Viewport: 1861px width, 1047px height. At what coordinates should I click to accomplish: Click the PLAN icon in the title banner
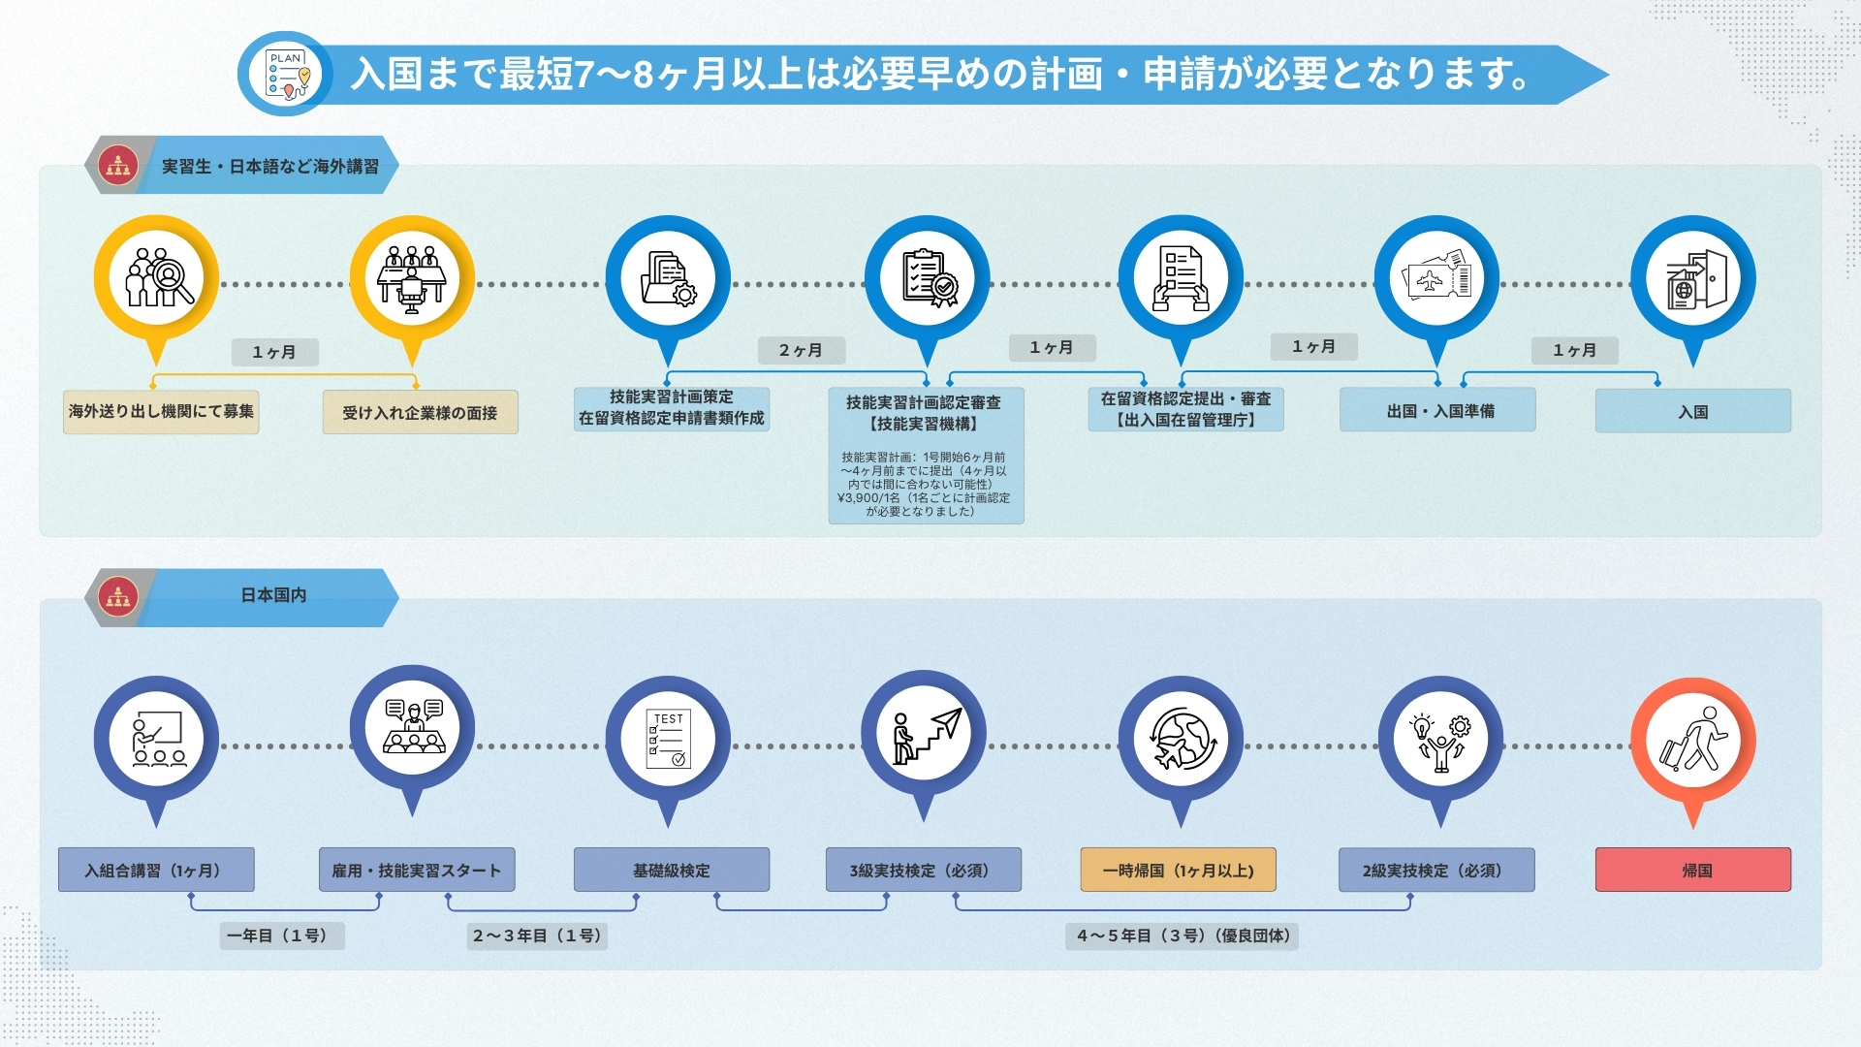[x=287, y=74]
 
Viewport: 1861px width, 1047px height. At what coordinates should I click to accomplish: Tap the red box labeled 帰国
[x=1692, y=870]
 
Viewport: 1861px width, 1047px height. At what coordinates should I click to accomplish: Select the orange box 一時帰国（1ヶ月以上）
[x=1178, y=870]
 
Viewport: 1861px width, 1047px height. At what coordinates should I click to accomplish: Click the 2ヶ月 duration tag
[x=801, y=350]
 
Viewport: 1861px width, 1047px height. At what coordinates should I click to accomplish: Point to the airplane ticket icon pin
[x=1436, y=279]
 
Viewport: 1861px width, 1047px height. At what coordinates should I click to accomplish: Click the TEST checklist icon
[x=667, y=740]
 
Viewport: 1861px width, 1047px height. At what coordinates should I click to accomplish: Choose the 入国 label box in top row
[x=1692, y=411]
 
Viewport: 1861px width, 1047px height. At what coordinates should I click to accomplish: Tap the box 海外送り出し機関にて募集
[x=161, y=411]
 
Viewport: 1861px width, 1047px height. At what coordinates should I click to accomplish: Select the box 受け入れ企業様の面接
[x=420, y=412]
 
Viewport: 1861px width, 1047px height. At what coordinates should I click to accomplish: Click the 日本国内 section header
[x=273, y=595]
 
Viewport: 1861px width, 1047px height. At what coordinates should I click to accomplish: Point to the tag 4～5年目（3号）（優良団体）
[x=1182, y=936]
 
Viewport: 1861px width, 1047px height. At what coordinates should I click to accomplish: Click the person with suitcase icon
[x=1692, y=740]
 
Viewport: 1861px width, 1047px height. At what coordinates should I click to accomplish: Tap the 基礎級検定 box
[x=671, y=870]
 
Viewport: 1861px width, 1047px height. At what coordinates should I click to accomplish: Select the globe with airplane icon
[x=1180, y=740]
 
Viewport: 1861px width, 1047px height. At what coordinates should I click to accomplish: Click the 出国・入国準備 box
[x=1437, y=410]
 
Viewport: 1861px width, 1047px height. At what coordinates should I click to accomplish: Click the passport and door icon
[x=1692, y=279]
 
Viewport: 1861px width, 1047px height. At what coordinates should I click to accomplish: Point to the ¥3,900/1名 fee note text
[x=924, y=497]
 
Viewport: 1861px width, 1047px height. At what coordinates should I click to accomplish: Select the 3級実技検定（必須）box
[x=923, y=870]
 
